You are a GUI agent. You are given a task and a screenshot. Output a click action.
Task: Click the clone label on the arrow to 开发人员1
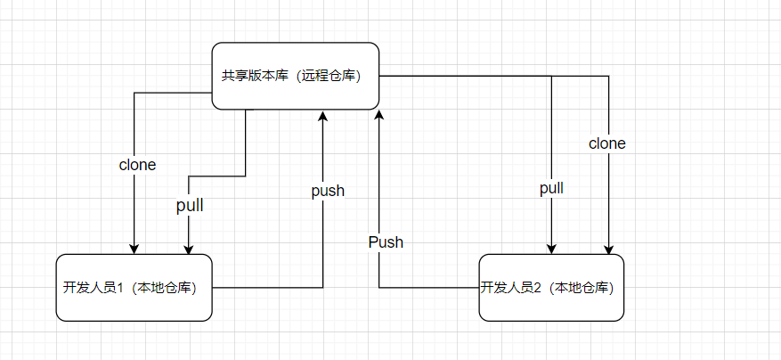137,165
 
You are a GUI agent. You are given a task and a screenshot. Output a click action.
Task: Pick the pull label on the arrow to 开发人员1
190,206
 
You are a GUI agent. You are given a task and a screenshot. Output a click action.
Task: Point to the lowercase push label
328,191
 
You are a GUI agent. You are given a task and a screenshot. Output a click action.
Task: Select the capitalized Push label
386,241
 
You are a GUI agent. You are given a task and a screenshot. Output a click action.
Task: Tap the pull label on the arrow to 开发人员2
551,189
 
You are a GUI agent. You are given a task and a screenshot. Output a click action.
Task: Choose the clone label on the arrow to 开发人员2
607,143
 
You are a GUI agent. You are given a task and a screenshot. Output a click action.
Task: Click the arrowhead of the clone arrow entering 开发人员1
134,249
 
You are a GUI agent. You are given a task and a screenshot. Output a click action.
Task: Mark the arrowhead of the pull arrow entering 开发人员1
189,249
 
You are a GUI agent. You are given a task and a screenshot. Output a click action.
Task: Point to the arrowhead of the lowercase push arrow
323,117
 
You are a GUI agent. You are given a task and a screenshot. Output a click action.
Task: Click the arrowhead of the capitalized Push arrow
379,117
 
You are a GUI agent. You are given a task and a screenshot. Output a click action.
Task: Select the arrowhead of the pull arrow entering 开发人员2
552,249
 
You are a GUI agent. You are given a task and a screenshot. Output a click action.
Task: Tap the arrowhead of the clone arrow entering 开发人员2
608,249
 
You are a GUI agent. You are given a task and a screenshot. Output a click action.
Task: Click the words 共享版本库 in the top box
253,77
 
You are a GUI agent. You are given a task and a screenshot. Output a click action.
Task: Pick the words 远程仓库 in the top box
329,77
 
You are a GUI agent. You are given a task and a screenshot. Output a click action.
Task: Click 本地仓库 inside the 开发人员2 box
581,288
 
